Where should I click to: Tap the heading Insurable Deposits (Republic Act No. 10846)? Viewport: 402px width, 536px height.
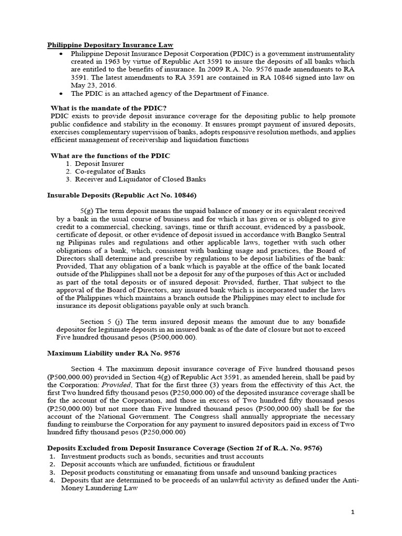(122, 195)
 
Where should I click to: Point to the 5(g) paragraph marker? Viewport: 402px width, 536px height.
(87, 211)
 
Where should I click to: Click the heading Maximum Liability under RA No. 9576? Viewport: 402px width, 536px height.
(114, 353)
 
